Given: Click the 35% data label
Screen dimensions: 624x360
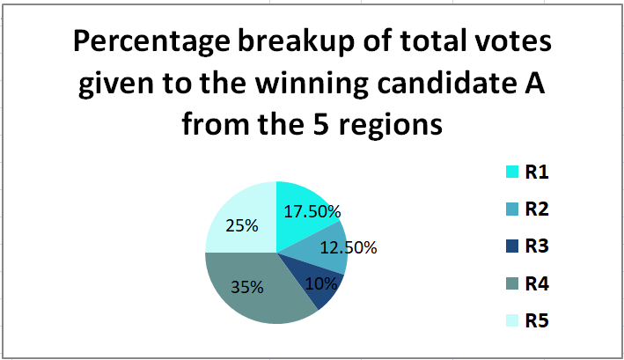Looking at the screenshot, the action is (247, 287).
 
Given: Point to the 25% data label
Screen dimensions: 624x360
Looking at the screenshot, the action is (242, 226).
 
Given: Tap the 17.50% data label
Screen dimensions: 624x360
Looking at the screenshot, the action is (312, 211).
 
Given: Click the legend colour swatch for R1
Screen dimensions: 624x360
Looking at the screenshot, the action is (512, 172).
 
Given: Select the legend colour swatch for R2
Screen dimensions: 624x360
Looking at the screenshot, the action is (512, 209).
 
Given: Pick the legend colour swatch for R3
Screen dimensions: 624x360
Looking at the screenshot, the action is (512, 246).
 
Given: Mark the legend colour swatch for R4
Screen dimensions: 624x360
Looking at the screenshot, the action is (512, 283).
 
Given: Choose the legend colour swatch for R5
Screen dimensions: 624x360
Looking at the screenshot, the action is (512, 320).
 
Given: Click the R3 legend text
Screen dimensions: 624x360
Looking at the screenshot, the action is (537, 246).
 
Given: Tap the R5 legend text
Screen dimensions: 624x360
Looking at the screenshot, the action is (537, 320).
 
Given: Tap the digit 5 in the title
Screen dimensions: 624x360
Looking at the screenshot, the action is (321, 124).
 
